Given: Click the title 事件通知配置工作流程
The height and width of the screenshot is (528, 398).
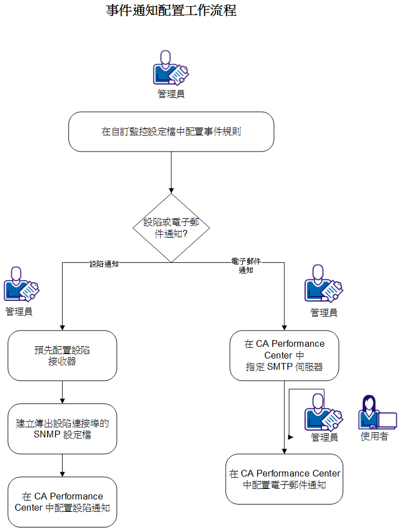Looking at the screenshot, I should click(x=171, y=11).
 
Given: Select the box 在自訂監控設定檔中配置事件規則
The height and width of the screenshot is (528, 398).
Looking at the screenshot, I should click(x=171, y=131).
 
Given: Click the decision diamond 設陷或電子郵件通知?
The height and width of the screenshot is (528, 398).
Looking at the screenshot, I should click(x=171, y=228).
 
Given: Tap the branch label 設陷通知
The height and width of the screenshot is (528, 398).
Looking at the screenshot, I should click(x=104, y=263).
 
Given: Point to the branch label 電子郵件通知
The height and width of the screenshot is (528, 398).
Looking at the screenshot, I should click(x=246, y=265).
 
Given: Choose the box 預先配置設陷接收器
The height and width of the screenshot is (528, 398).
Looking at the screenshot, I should click(x=62, y=356).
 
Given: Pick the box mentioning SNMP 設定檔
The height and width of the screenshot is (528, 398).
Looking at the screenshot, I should click(x=62, y=428).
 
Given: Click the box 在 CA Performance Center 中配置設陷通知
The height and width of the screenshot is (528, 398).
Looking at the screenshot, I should click(x=62, y=502).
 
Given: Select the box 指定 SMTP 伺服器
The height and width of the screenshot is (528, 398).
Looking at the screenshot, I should click(x=284, y=355).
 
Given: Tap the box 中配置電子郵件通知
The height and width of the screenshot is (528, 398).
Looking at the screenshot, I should click(x=284, y=479).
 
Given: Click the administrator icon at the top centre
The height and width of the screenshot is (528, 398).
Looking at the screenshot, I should click(x=170, y=68).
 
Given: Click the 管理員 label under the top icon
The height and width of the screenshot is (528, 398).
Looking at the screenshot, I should click(x=171, y=93).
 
